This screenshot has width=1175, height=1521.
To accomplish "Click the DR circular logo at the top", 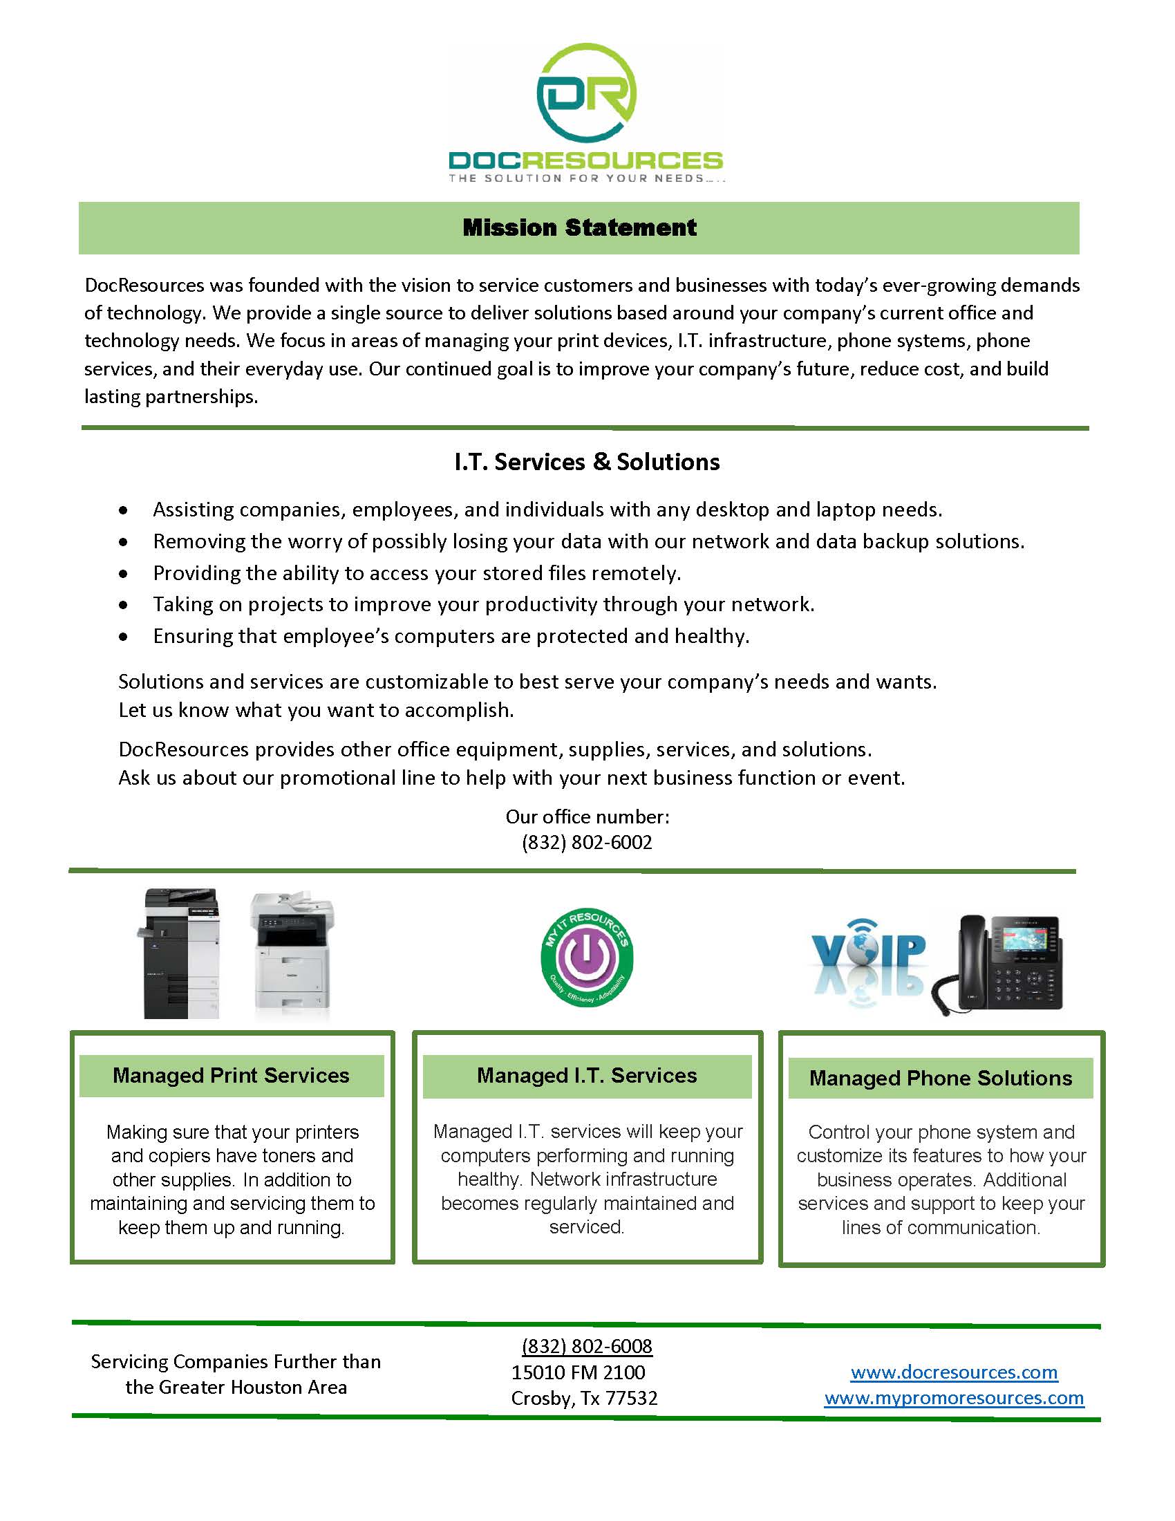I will [586, 94].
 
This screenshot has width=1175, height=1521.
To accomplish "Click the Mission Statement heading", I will [579, 227].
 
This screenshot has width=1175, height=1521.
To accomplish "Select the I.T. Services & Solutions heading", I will [587, 462].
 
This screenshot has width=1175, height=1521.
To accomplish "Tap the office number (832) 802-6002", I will [587, 842].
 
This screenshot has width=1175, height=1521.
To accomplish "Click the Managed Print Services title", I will [231, 1075].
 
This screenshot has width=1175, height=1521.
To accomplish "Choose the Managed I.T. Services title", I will [587, 1075].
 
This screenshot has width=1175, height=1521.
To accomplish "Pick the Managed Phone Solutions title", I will [941, 1078].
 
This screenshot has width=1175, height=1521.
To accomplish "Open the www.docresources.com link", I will [954, 1372].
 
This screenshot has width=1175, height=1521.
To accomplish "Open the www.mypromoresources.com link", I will [954, 1398].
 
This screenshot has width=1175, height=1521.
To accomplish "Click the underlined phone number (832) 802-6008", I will [587, 1346].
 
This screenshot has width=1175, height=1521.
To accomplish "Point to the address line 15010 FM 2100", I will [578, 1372].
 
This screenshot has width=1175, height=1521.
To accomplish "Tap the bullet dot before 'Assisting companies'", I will [123, 510].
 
